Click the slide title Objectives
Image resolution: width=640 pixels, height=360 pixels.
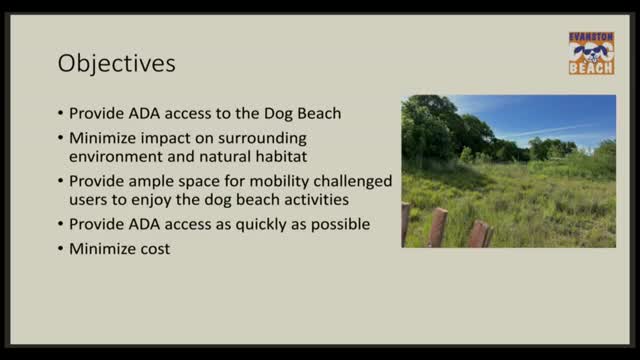coord(118,63)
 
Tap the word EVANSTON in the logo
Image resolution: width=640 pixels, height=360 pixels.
coord(590,36)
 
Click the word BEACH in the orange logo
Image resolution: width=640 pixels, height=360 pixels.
coord(590,68)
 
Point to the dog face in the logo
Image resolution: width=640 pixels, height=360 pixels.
coord(590,52)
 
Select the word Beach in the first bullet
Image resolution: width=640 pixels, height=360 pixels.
coord(320,113)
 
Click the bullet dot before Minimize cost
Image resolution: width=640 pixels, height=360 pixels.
coord(60,248)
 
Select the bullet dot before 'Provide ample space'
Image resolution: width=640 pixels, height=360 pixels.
coord(60,181)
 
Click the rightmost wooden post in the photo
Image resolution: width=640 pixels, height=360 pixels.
coord(480,234)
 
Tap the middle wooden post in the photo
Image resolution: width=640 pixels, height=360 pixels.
coord(438,228)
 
